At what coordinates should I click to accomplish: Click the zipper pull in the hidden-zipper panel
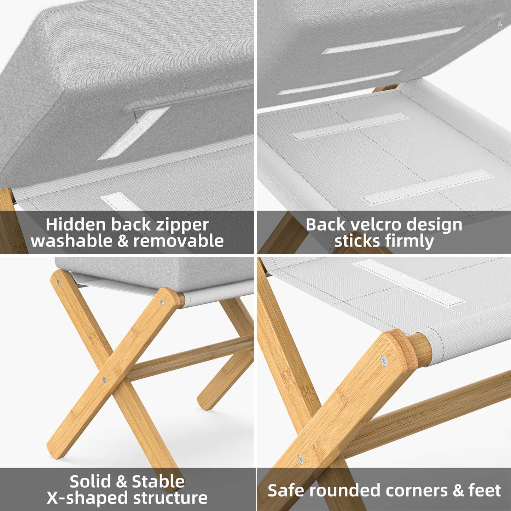[x=136, y=116]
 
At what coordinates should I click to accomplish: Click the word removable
[x=178, y=241]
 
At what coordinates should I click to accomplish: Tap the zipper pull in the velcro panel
[x=499, y=23]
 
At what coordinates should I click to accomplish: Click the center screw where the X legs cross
[x=104, y=380]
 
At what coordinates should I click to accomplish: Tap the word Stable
[x=158, y=482]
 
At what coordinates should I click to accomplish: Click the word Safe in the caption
[x=283, y=490]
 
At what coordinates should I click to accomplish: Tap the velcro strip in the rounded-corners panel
[x=408, y=283]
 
